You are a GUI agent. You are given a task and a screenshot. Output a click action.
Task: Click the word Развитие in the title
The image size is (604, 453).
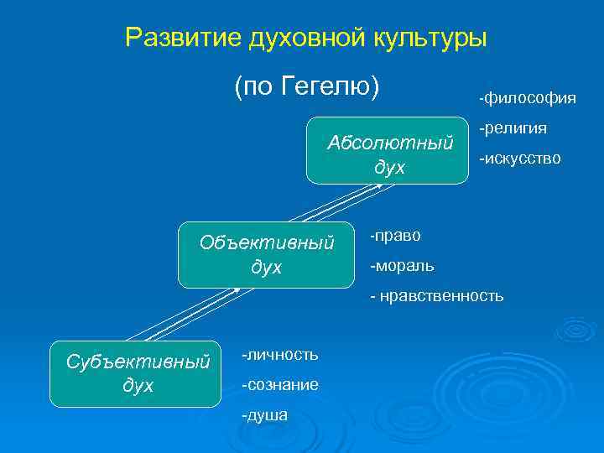click(183, 38)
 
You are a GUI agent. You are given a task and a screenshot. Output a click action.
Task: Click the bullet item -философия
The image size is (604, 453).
click(527, 99)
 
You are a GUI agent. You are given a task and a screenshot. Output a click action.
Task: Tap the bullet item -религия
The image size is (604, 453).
click(513, 128)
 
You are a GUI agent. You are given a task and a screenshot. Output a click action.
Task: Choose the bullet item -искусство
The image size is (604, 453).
click(519, 158)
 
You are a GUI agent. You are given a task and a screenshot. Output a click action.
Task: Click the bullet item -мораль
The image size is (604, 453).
click(402, 266)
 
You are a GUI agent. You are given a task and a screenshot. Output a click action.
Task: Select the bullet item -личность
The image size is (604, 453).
click(279, 355)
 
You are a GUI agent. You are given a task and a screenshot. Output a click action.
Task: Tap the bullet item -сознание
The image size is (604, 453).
click(279, 385)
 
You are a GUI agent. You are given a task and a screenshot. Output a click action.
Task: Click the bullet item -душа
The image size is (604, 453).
click(264, 414)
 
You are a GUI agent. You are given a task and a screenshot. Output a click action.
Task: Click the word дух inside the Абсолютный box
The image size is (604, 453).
click(389, 168)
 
